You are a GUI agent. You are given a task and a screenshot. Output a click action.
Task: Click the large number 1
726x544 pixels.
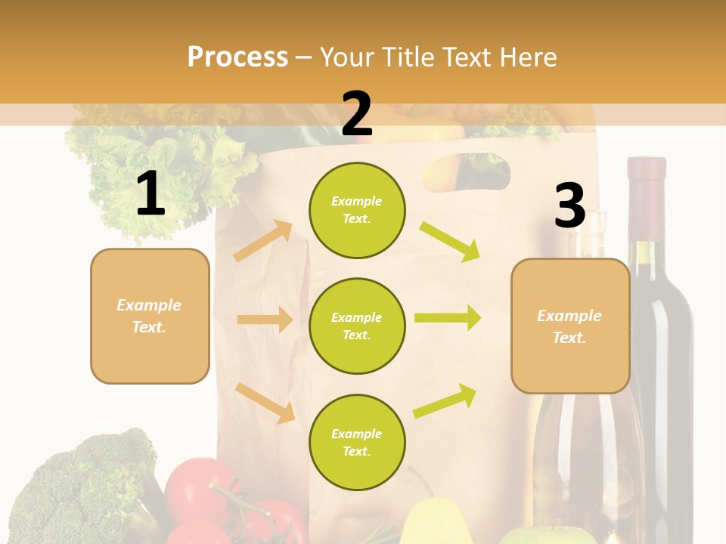(x=150, y=194)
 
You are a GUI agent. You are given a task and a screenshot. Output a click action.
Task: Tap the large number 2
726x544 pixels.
(x=357, y=114)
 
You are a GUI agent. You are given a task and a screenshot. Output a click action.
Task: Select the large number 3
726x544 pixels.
(x=569, y=206)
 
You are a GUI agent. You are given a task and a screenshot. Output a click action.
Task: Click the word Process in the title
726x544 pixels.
(x=237, y=57)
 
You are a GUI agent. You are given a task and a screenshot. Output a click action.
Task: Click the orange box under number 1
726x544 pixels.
(x=150, y=316)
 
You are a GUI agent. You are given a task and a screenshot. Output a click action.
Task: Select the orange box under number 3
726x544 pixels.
(x=570, y=326)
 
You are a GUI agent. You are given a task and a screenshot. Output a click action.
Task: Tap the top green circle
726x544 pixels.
(x=357, y=210)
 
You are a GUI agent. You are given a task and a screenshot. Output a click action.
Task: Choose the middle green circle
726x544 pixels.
(x=357, y=326)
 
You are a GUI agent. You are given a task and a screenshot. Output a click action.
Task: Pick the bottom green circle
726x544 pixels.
(x=357, y=442)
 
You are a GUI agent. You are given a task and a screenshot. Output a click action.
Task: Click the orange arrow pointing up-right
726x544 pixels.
(x=263, y=240)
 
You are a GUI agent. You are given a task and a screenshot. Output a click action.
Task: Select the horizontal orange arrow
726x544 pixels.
(x=265, y=320)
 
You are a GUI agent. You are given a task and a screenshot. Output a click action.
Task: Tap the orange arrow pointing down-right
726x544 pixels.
(x=265, y=402)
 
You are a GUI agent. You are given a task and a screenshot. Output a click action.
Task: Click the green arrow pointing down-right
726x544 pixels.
(x=450, y=240)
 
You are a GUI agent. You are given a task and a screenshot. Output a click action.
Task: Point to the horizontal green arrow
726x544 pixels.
(x=447, y=317)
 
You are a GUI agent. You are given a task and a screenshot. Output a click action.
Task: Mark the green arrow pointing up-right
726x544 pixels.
(x=445, y=400)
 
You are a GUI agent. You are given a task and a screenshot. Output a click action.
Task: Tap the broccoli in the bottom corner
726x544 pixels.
(x=83, y=487)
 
